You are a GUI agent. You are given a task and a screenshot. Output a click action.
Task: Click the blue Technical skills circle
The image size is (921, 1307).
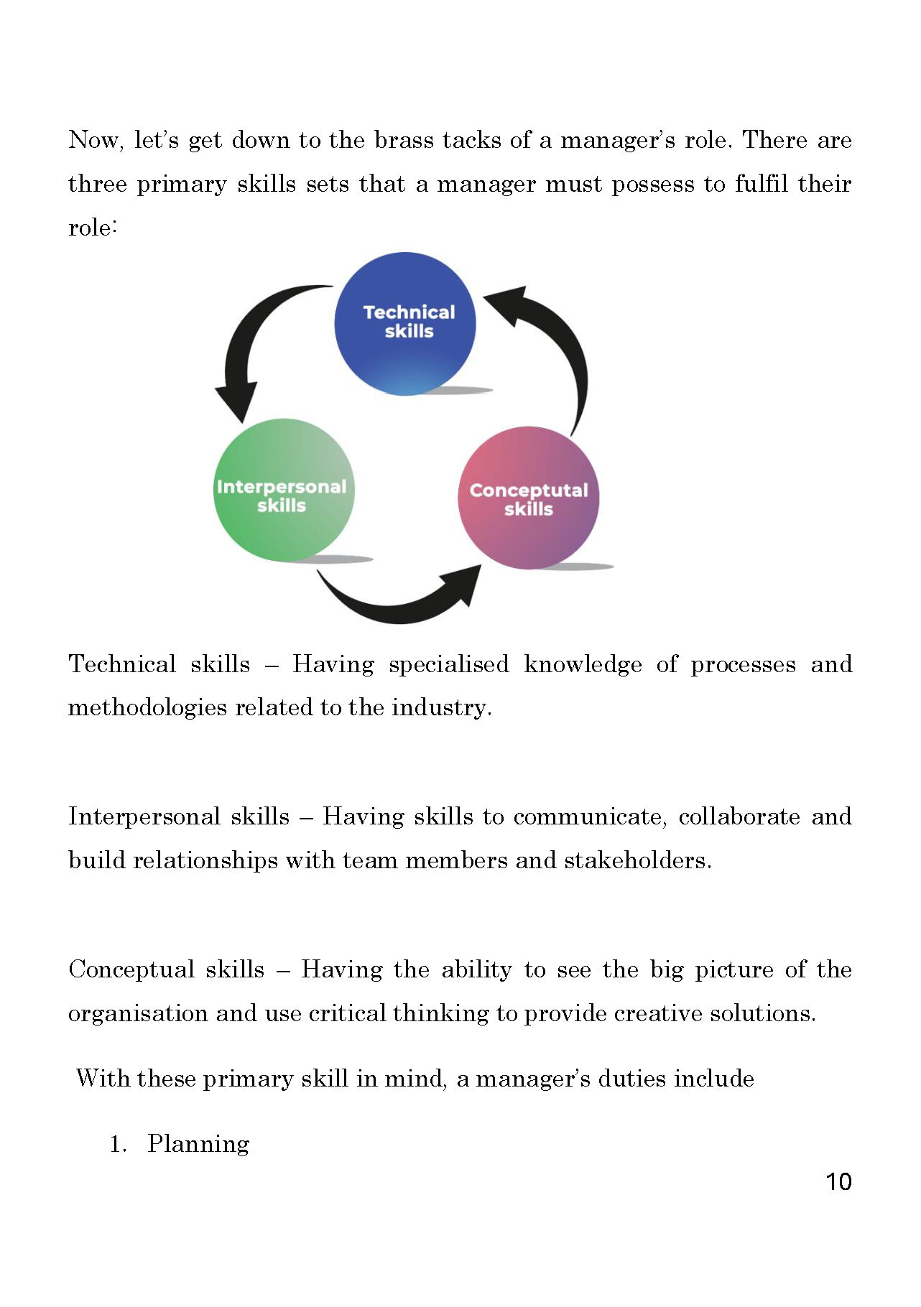[405, 323]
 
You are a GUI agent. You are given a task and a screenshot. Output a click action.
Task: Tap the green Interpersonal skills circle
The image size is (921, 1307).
[284, 490]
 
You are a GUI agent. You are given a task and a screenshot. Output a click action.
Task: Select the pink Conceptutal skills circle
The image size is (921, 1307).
[529, 498]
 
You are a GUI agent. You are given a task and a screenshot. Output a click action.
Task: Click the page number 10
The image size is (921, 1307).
[838, 1181]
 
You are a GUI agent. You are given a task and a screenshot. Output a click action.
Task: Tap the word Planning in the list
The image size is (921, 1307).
[198, 1144]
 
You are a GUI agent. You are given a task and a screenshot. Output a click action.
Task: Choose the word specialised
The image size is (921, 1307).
[449, 665]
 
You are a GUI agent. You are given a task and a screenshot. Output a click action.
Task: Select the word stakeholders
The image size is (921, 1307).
[637, 860]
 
